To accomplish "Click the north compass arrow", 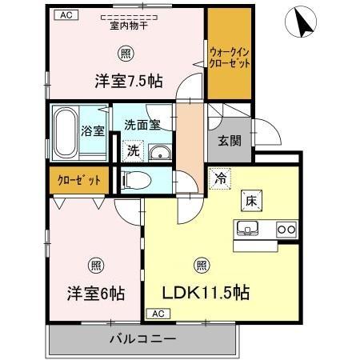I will tap(303, 22).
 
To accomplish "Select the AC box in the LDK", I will tap(157, 314).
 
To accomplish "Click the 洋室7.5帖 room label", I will tap(129, 80).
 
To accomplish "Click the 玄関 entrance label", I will tap(230, 141).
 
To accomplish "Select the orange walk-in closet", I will tap(229, 55).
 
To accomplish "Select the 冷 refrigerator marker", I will tap(219, 179).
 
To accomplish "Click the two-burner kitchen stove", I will tap(286, 230).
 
